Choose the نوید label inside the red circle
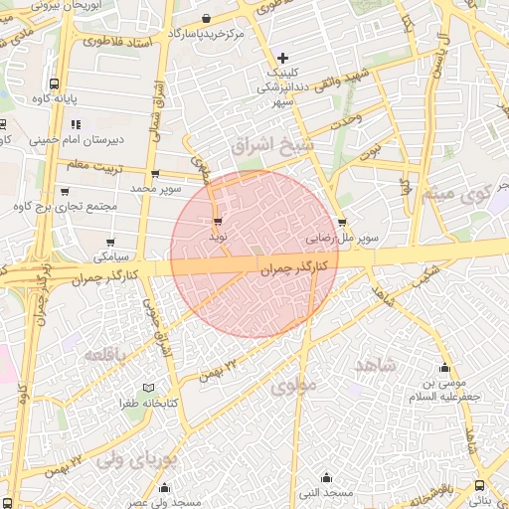[x=218, y=238]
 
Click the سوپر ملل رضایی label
[x=342, y=239]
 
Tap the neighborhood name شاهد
[x=374, y=365]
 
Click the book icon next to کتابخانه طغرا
[x=149, y=387]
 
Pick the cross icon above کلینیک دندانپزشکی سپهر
[x=284, y=58]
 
